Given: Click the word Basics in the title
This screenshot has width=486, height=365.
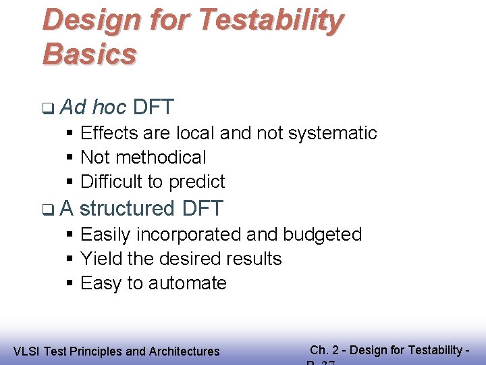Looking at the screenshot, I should point(89,53).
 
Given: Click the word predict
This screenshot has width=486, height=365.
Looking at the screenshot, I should point(196,182).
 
